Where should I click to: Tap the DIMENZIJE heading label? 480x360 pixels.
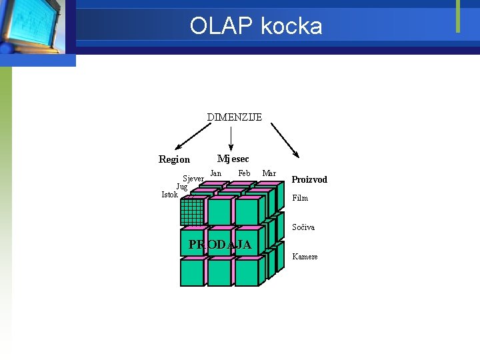[x=234, y=117]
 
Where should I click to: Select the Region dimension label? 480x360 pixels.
[x=174, y=159]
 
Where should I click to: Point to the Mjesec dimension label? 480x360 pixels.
[x=233, y=159]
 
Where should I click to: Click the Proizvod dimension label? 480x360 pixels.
[x=309, y=180]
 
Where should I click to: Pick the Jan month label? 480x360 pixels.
[x=215, y=173]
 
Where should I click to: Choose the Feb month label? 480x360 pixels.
[x=244, y=173]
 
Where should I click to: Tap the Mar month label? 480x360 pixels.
[x=269, y=173]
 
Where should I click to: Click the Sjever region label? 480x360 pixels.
[x=193, y=179]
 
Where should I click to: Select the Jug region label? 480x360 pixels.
[x=181, y=187]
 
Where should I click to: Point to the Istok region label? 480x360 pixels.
[x=169, y=195]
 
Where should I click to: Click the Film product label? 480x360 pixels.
[x=300, y=198]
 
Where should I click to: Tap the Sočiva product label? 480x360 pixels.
[x=303, y=227]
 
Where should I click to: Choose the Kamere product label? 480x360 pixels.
[x=305, y=257]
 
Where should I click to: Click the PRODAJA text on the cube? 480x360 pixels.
[x=220, y=245]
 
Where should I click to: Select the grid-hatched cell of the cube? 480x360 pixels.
[x=192, y=212]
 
